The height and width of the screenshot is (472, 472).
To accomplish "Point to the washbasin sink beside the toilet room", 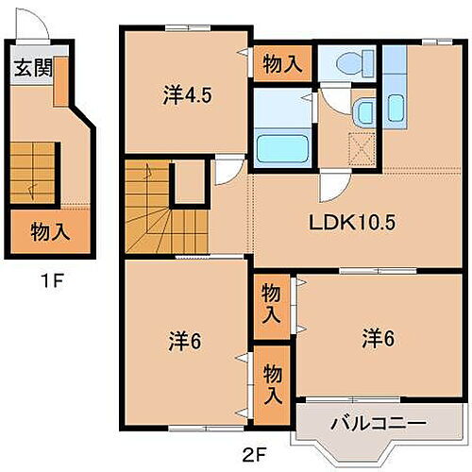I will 362,112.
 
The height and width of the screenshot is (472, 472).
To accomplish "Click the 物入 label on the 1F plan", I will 49,230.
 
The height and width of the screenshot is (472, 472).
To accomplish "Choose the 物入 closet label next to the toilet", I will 282,65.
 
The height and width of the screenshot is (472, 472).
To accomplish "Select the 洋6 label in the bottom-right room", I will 376,335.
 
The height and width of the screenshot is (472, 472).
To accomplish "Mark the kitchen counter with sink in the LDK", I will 396,98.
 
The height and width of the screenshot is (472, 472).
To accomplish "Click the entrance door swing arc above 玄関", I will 36,28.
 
